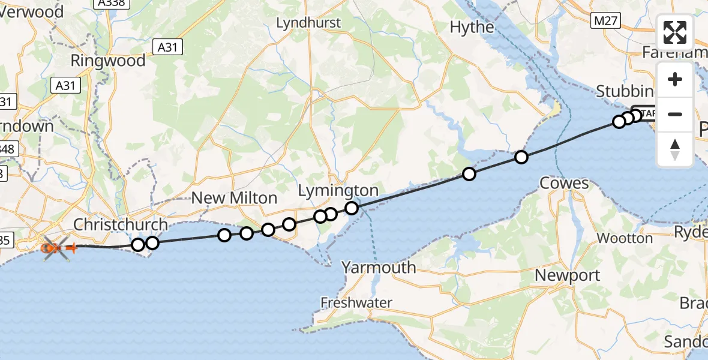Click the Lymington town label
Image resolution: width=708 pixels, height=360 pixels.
[339, 191]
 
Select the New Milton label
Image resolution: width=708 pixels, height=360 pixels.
[235, 198]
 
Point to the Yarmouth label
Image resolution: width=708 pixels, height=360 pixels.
[379, 267]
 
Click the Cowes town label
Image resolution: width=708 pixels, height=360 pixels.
[565, 183]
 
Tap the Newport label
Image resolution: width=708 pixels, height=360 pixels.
[567, 275]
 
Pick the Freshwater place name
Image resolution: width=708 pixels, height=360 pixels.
[356, 302]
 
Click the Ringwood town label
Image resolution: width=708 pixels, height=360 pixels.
[108, 61]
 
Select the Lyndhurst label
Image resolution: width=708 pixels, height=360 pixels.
[308, 23]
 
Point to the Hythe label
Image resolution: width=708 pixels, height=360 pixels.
[472, 27]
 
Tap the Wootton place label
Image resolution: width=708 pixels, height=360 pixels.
[625, 238]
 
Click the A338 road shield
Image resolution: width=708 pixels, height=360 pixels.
[109, 4]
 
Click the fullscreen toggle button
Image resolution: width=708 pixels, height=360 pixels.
[675, 32]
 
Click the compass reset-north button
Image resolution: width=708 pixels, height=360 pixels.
[675, 149]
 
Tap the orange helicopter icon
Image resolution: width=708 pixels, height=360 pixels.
[55, 247]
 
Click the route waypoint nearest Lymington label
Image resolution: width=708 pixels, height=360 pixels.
[352, 208]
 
